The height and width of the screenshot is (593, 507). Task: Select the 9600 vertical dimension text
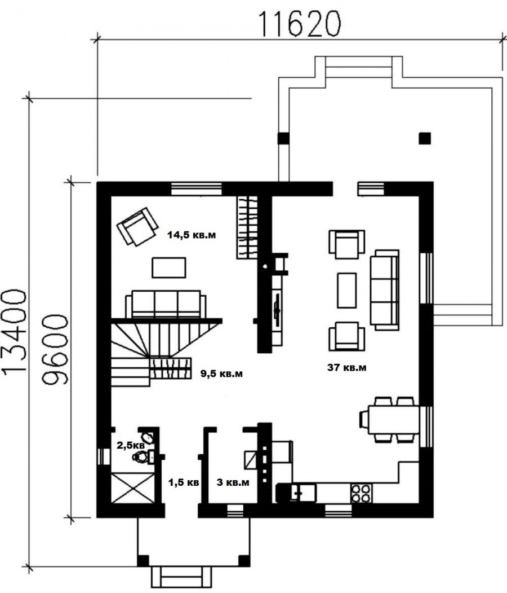coord(55,350)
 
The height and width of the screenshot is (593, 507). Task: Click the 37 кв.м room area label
coord(346,367)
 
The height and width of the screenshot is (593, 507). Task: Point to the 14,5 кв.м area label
coord(192,235)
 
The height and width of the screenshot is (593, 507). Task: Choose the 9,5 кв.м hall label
coord(221,374)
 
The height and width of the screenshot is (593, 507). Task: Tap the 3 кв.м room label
coord(233,482)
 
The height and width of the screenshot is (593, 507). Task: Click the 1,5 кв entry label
coord(184,482)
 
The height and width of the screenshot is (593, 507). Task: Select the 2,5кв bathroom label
coord(130,445)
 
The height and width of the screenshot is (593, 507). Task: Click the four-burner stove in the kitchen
coord(361,493)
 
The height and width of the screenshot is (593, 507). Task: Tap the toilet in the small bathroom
coord(143,456)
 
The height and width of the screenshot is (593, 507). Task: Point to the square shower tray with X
coord(134,488)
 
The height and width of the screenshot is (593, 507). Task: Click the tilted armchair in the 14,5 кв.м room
coord(137,226)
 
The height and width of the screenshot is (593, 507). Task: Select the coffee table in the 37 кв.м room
coord(346,291)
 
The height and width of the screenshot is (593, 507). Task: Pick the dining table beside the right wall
coord(393,419)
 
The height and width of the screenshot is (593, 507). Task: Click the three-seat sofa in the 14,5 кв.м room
coord(166,305)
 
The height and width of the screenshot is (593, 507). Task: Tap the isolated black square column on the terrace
coord(425,138)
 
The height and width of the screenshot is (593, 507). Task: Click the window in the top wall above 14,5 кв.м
coord(196,188)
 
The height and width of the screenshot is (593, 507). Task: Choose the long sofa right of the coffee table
coord(384,289)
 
